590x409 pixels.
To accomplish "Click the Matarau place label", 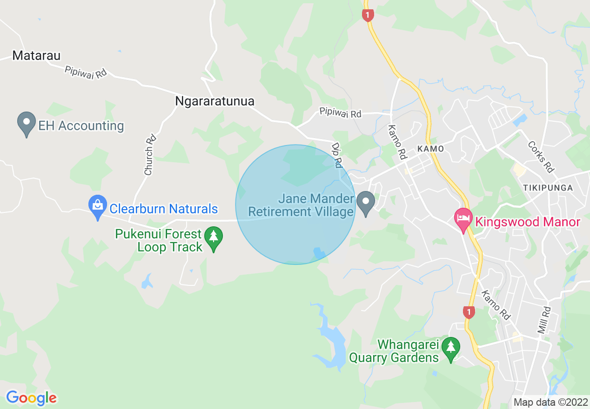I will (37, 56).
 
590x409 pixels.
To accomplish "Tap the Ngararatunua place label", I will (215, 101).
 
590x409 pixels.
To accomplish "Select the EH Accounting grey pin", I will (27, 124).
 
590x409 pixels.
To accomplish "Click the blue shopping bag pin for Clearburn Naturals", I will (98, 207).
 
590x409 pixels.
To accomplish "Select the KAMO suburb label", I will (430, 149).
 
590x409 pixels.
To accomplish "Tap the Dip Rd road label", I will (337, 154).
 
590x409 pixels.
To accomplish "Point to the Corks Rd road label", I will (540, 157).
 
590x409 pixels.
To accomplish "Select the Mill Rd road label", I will (544, 320).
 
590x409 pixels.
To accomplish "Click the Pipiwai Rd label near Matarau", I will (86, 72).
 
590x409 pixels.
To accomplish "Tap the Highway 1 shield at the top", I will (368, 14).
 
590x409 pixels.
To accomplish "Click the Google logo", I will (31, 398).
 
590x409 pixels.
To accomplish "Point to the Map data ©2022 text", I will (550, 402).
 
